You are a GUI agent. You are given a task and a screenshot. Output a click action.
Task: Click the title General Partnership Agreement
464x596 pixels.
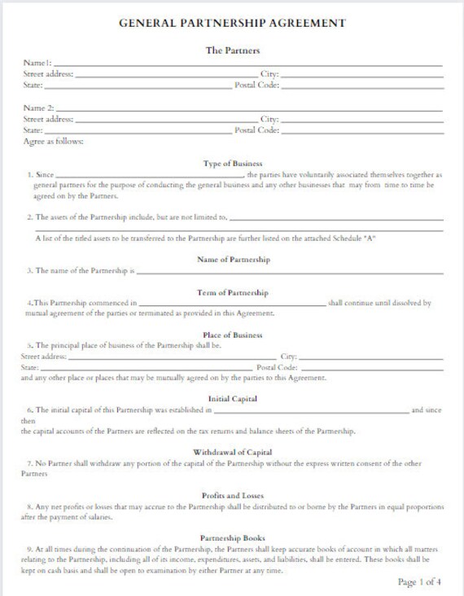click(232, 23)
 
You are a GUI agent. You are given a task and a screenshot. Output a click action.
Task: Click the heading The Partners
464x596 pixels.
click(233, 50)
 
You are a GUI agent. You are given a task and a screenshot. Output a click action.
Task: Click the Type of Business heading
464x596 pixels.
click(232, 164)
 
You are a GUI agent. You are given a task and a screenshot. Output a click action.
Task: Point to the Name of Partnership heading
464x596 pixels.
click(233, 259)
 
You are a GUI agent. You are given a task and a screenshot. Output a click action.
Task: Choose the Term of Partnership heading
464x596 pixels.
click(233, 292)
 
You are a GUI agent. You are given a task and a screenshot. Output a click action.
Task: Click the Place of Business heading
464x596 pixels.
click(233, 335)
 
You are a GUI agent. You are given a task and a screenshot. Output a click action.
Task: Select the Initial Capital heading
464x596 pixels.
click(233, 399)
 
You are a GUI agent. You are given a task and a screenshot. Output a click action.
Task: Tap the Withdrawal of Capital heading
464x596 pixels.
click(233, 452)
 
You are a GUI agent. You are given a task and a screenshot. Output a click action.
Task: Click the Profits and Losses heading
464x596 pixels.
click(233, 495)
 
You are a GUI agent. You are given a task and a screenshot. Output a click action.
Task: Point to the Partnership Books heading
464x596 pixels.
click(233, 538)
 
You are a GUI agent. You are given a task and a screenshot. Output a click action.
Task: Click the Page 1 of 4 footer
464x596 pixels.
click(419, 582)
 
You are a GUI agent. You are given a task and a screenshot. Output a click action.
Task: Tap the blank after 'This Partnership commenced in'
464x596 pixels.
click(232, 303)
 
